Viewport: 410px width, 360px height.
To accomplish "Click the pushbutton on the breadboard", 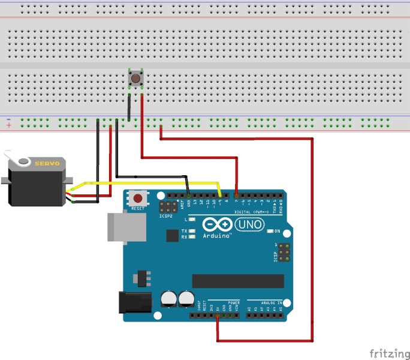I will click(135, 78).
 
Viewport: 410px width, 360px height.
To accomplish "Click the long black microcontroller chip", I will click(237, 281).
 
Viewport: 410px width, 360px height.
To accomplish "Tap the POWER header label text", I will click(233, 301).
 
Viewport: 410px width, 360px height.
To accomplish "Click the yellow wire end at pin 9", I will click(220, 195).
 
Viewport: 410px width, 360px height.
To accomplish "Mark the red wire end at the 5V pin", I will click(217, 314).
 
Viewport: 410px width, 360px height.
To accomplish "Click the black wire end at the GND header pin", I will click(189, 195).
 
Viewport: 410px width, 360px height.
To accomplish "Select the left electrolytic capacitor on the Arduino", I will click(170, 298).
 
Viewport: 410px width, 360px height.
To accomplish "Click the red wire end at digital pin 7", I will click(236, 195).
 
